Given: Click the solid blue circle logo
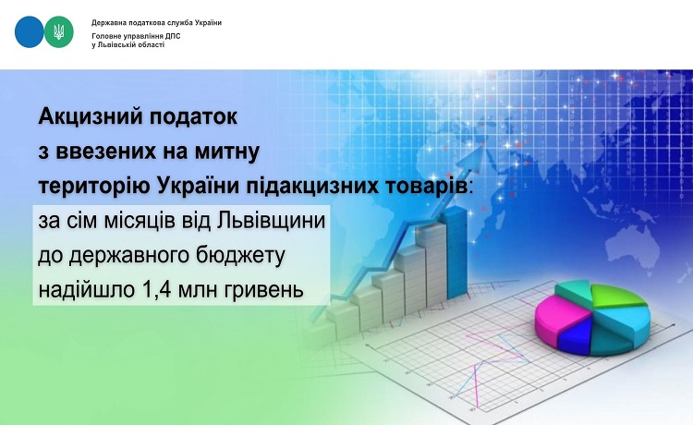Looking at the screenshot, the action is click(30, 31).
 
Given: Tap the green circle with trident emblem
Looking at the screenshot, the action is click(59, 31).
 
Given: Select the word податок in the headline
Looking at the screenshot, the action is click(194, 116).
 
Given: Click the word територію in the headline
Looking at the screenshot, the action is click(94, 187).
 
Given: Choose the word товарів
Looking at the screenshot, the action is click(432, 186).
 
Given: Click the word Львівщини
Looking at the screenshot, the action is click(272, 222).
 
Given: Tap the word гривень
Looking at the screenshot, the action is click(261, 291).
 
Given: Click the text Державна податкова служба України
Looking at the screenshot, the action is click(156, 22).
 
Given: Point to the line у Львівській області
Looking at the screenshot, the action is click(128, 45).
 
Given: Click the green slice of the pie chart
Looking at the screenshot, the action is click(616, 296).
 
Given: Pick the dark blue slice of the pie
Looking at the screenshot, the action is click(574, 334).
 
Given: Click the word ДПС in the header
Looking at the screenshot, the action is click(174, 36).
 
